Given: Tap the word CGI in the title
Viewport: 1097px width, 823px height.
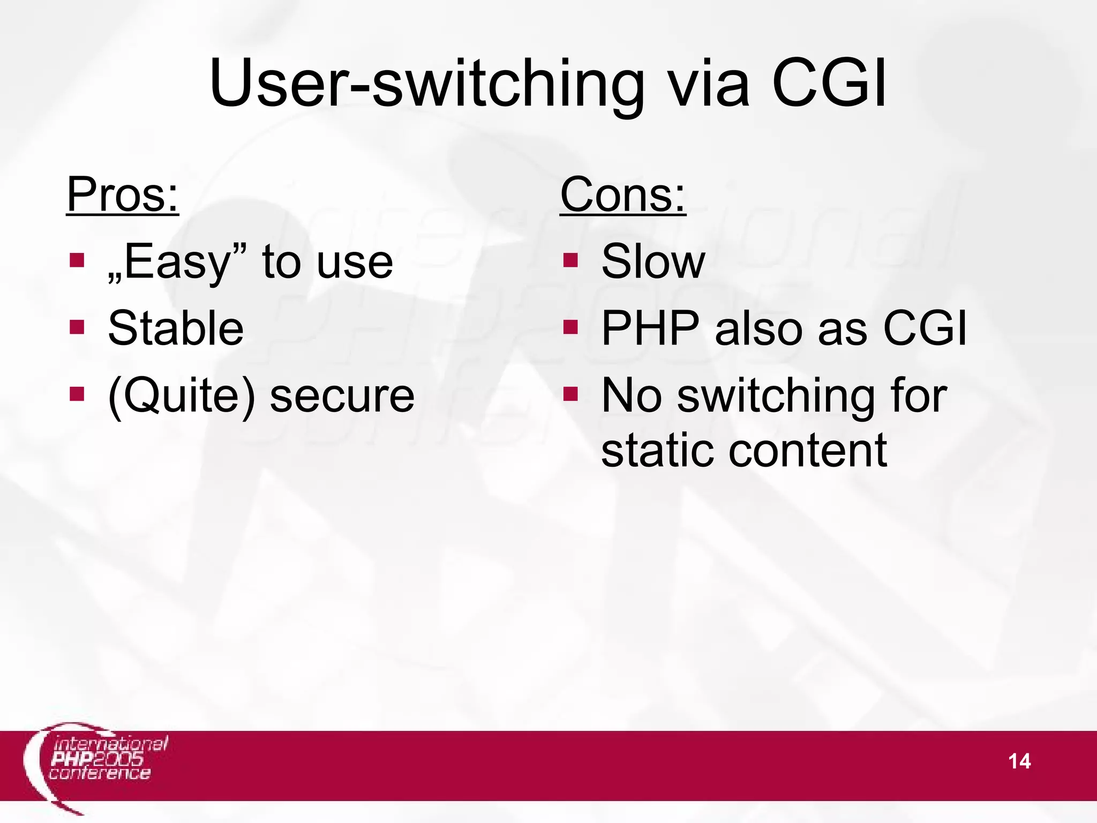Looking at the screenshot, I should [x=829, y=84].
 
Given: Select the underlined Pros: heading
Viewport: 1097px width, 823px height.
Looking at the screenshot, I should [x=122, y=195].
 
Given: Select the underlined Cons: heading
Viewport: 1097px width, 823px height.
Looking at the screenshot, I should [x=622, y=195].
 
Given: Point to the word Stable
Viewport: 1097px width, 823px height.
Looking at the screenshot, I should [x=176, y=328].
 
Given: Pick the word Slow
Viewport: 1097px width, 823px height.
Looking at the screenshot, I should [x=653, y=261].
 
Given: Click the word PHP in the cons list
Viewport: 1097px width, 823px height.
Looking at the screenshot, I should [x=650, y=328].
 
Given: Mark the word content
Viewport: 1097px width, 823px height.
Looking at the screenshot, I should [x=807, y=450].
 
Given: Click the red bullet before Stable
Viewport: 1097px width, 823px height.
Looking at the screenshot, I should [x=77, y=326].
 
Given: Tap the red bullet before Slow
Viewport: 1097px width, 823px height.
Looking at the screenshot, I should [x=570, y=260].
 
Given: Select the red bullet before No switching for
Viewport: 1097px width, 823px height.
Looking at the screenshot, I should [x=570, y=394].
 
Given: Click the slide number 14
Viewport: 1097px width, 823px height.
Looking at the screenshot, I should [x=1019, y=761].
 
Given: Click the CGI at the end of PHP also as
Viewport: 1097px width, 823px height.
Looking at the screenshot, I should [x=925, y=328].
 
